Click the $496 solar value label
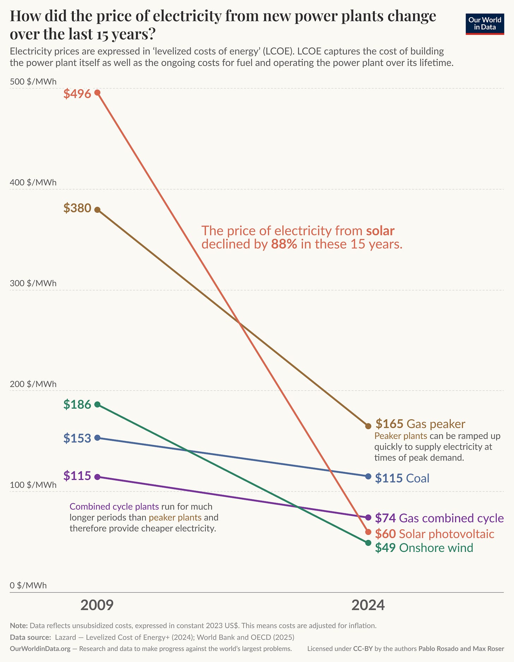tap(77, 94)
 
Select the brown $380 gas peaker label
tap(77, 208)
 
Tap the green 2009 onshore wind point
tap(97, 404)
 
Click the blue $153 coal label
tap(77, 438)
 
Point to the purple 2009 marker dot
tap(97, 477)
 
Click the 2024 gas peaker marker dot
tap(368, 426)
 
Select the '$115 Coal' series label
tap(402, 478)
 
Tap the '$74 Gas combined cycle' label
tap(439, 518)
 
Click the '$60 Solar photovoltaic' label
tap(434, 534)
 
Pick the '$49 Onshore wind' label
tap(424, 548)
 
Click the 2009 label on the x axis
tap(97, 605)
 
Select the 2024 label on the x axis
tap(368, 605)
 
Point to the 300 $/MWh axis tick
tap(33, 283)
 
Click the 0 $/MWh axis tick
tap(28, 585)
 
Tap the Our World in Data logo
tap(485, 24)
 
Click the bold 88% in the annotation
tap(284, 244)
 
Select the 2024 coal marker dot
tap(368, 476)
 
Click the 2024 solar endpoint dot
tap(368, 532)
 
